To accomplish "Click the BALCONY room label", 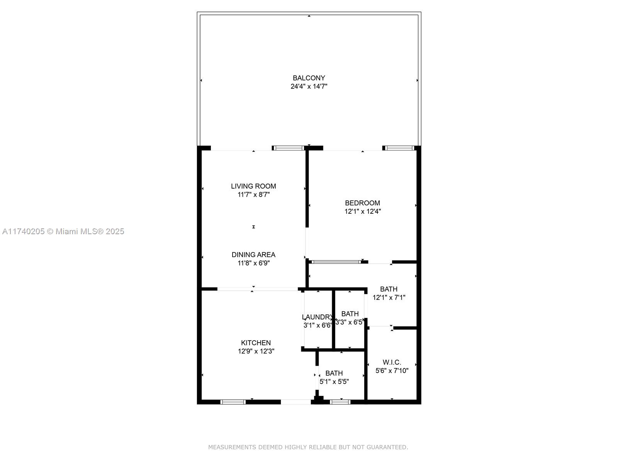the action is [309, 78].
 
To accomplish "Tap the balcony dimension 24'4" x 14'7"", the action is [309, 86].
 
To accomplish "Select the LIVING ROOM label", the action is [253, 186].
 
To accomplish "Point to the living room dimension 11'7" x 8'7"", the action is [253, 194].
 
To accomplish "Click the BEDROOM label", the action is [362, 203].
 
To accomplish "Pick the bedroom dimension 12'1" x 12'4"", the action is [362, 211].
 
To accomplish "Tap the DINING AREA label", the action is [253, 255].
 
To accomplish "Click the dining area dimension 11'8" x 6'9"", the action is [253, 263].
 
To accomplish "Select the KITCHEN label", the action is [256, 343].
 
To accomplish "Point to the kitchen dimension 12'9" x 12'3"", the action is [256, 351].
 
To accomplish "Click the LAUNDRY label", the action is [317, 317].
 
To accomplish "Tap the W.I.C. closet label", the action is [392, 362].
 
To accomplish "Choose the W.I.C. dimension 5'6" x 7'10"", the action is [392, 371].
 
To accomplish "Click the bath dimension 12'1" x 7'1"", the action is [389, 297].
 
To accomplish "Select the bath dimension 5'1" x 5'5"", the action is [334, 382].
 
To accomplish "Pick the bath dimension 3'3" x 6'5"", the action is [350, 322].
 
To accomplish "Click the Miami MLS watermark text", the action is [63, 231].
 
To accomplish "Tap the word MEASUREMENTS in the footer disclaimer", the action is [233, 447].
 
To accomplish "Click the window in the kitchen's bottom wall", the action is [233, 402].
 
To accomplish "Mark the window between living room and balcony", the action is [288, 148].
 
